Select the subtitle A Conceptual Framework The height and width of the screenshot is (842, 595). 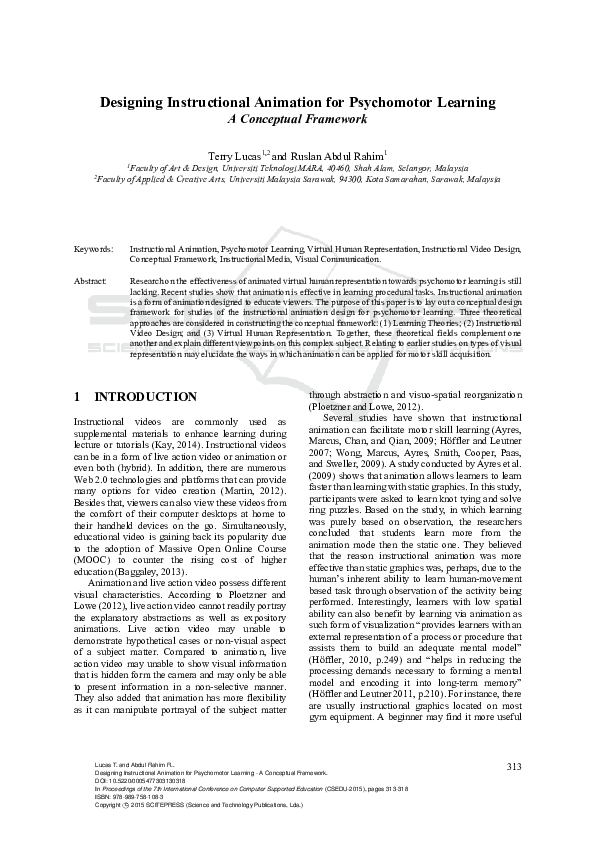297,119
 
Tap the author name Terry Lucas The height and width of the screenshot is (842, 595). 233,157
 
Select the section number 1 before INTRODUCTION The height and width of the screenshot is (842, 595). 77,397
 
